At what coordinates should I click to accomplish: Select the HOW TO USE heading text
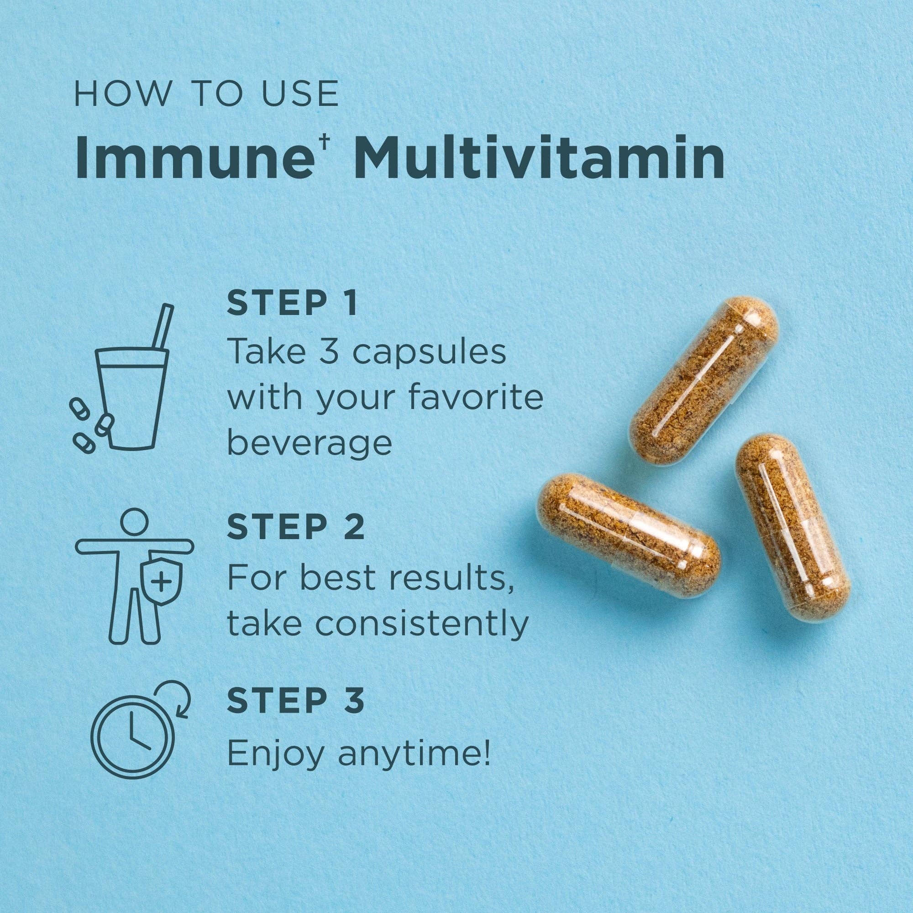(x=206, y=94)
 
